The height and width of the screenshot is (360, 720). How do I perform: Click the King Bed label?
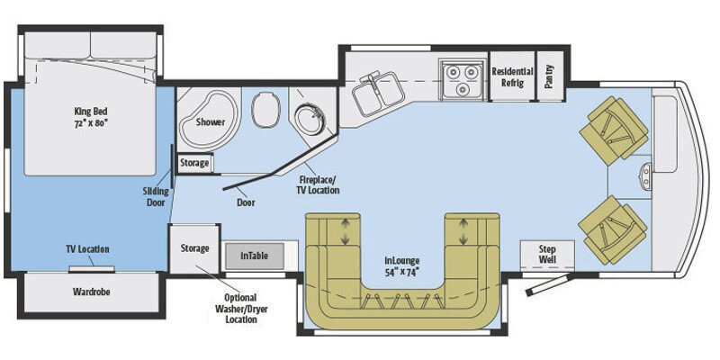[91, 116]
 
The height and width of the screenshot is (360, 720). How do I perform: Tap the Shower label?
[211, 122]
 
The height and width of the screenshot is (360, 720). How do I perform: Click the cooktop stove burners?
[460, 78]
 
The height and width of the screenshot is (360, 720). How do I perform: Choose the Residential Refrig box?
[511, 77]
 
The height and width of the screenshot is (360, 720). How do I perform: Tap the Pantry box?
[550, 77]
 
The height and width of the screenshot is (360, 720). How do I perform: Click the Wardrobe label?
[90, 292]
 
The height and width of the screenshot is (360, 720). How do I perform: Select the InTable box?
[255, 256]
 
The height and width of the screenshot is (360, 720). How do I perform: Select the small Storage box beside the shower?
[194, 163]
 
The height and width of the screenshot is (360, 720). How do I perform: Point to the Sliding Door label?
[155, 197]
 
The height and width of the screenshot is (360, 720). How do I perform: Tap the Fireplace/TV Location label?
[319, 185]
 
